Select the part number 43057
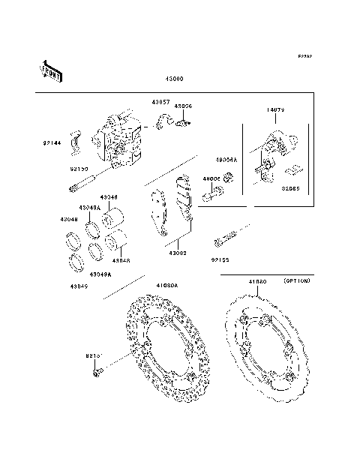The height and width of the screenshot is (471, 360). (x=160, y=102)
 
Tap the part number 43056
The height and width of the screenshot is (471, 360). (x=184, y=106)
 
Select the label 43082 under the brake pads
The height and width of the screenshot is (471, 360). (x=178, y=253)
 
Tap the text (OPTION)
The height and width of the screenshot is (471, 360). (x=298, y=280)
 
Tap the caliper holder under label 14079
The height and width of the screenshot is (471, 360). (x=270, y=150)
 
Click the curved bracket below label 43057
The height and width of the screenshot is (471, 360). (x=166, y=121)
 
